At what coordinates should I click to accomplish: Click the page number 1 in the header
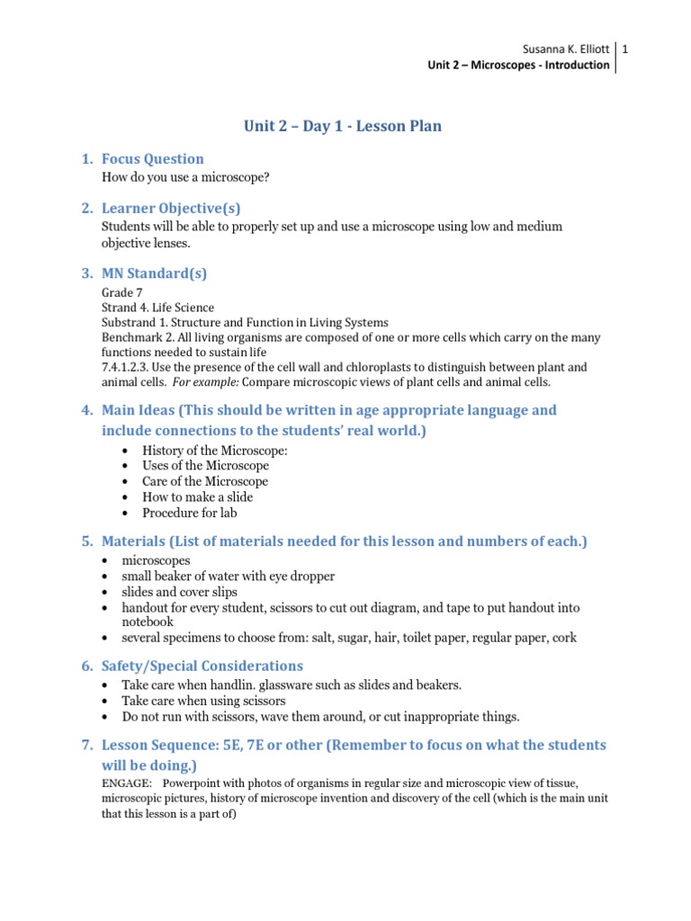click(624, 49)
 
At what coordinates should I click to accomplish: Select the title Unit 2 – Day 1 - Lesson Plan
click(343, 126)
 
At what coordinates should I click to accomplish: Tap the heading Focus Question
click(152, 159)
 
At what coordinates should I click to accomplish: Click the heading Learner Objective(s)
click(171, 209)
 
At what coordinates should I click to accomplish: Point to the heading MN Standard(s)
click(154, 273)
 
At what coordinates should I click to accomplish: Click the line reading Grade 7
click(121, 293)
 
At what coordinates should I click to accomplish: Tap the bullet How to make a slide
click(197, 496)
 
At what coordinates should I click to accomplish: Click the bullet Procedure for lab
click(189, 513)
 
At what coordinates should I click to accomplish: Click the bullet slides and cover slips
click(181, 592)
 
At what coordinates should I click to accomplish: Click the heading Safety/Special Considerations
click(202, 666)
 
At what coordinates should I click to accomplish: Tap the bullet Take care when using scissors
click(213, 701)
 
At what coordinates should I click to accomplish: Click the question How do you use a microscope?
click(186, 177)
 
